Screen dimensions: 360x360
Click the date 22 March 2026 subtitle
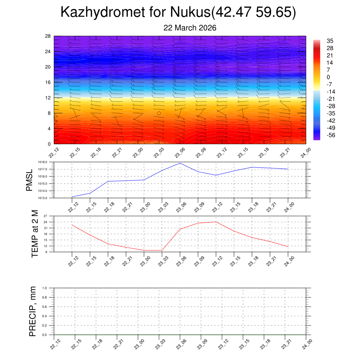[190, 28]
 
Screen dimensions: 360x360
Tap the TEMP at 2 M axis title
[34, 234]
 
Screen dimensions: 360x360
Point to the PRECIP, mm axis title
[33, 311]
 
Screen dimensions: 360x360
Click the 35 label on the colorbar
[330, 41]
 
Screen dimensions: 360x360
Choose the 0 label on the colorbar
[328, 77]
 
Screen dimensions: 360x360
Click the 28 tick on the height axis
[48, 36]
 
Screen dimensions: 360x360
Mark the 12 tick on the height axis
[48, 98]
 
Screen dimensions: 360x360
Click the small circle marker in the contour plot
[159, 113]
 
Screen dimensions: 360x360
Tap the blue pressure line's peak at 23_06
[180, 163]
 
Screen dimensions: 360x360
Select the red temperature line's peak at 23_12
[216, 222]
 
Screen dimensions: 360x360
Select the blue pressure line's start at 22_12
[72, 197]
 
